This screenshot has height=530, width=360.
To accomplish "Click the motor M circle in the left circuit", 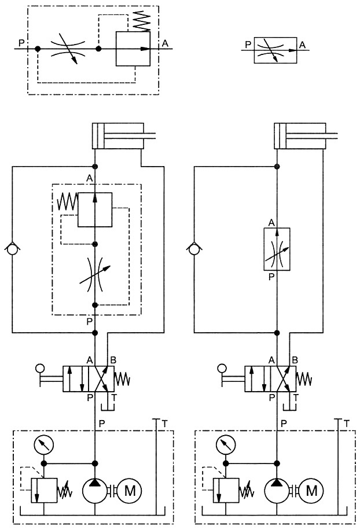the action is [x=130, y=491].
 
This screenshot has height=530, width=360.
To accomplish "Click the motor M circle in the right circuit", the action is [x=311, y=491].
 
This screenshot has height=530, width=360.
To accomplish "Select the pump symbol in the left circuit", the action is [x=95, y=491].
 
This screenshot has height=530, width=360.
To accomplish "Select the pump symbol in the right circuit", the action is [x=277, y=491].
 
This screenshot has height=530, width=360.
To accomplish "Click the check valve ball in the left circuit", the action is [x=12, y=250].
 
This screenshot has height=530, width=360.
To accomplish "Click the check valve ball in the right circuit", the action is [x=194, y=250].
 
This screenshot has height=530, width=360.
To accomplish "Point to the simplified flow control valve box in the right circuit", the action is [x=277, y=249].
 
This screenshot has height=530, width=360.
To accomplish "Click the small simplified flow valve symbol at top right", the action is [x=275, y=50].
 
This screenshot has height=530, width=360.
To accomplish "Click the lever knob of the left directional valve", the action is [x=40, y=368].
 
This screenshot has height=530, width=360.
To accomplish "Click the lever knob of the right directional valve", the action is [x=222, y=368].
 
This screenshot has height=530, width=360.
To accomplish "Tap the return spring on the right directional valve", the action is [x=304, y=378].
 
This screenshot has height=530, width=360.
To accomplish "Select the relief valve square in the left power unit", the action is [x=45, y=491].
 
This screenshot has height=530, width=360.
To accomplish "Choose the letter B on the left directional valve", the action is [x=113, y=360].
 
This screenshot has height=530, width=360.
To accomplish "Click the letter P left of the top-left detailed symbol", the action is [x=21, y=43].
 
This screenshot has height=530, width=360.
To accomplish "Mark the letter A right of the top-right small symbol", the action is [x=302, y=45].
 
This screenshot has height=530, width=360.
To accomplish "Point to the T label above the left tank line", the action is [x=164, y=424].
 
